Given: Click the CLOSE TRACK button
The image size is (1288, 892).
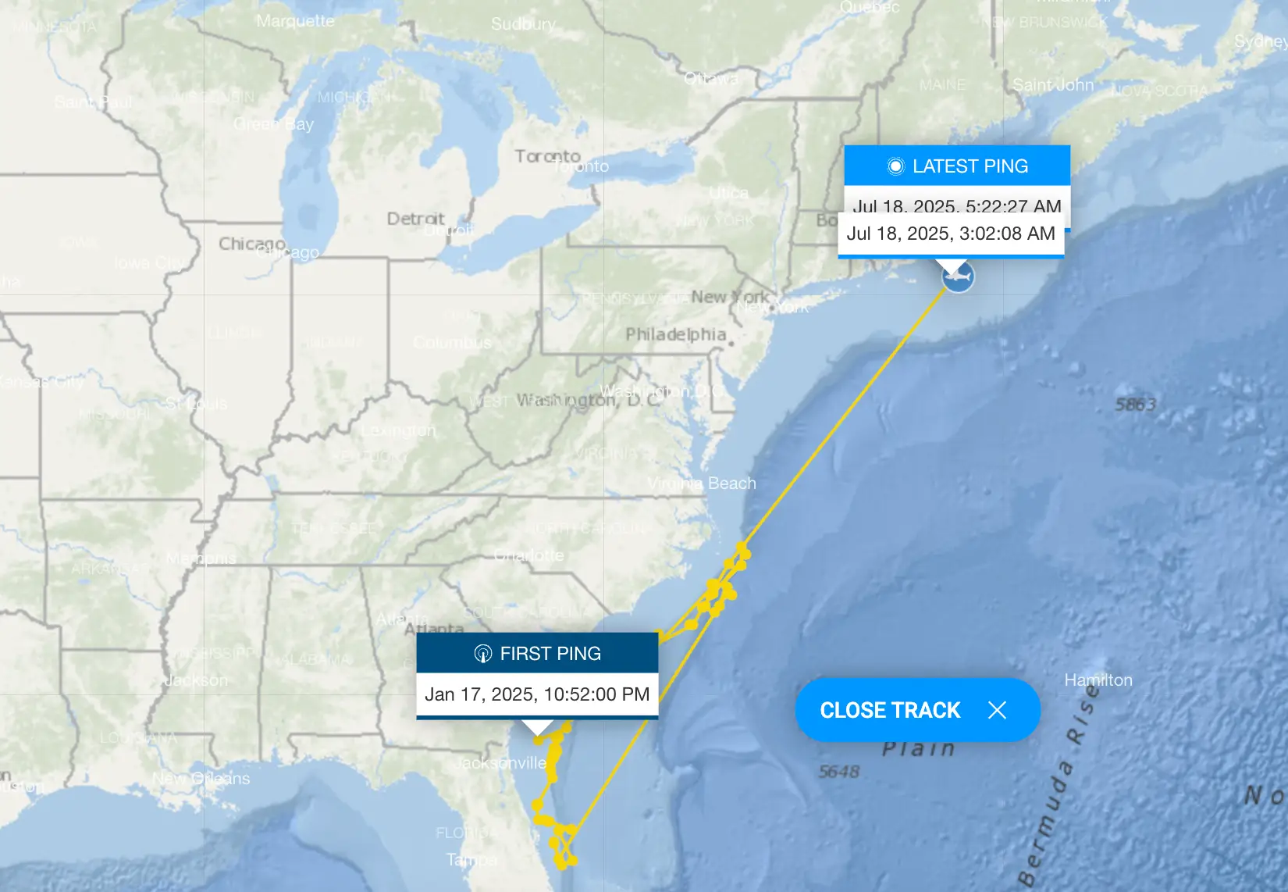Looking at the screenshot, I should (x=890, y=710).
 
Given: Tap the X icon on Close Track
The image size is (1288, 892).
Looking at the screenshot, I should (x=997, y=710).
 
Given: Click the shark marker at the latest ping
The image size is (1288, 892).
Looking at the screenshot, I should (x=958, y=277).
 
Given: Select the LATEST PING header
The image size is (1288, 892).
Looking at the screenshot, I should (x=957, y=166).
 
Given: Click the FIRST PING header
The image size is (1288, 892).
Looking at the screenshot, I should (x=537, y=653).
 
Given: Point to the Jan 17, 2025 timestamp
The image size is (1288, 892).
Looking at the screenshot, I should (x=537, y=694).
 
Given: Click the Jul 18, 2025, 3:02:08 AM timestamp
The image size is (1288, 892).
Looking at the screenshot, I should (x=951, y=234).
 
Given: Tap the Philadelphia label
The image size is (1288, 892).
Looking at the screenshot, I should (x=676, y=334).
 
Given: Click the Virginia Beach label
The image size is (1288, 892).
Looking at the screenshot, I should (x=702, y=483).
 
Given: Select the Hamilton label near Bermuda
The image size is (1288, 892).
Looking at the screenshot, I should (x=1098, y=680).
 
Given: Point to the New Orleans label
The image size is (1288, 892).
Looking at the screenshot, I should (x=201, y=779).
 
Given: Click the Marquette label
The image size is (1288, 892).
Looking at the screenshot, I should (x=295, y=21).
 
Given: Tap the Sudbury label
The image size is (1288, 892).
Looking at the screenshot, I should (x=523, y=24).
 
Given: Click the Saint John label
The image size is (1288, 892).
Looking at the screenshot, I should (x=1053, y=85).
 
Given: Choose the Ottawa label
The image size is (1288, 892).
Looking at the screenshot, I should (x=711, y=78).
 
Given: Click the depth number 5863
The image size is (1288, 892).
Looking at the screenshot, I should (x=1135, y=405).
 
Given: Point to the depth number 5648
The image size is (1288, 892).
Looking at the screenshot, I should (x=839, y=772).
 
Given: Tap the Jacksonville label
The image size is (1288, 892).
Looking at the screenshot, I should (x=500, y=762).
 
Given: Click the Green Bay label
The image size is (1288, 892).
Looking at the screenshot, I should (x=273, y=124).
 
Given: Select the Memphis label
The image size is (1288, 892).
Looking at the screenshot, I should (x=201, y=558).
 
